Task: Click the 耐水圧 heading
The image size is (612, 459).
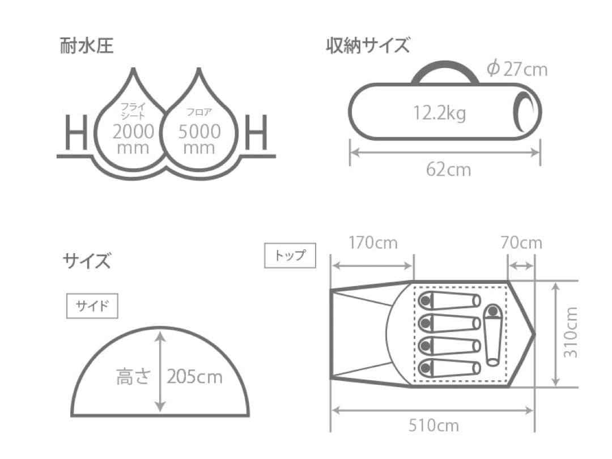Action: (87, 46)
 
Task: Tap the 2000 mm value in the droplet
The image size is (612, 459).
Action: (133, 139)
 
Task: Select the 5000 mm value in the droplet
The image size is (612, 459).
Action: (199, 139)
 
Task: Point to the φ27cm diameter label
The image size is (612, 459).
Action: (517, 69)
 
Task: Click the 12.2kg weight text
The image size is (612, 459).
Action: (439, 113)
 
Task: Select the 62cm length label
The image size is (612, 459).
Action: (448, 169)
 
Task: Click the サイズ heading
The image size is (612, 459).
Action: (87, 262)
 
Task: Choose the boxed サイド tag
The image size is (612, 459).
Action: (92, 307)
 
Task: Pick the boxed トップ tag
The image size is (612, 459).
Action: (290, 256)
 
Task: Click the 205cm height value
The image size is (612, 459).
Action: (194, 376)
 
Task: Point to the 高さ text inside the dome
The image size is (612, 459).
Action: (133, 376)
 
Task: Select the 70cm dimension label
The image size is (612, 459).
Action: (521, 243)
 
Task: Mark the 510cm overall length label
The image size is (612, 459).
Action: (433, 426)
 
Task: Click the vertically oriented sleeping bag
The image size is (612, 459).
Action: (492, 335)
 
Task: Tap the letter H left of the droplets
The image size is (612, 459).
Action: (75, 132)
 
